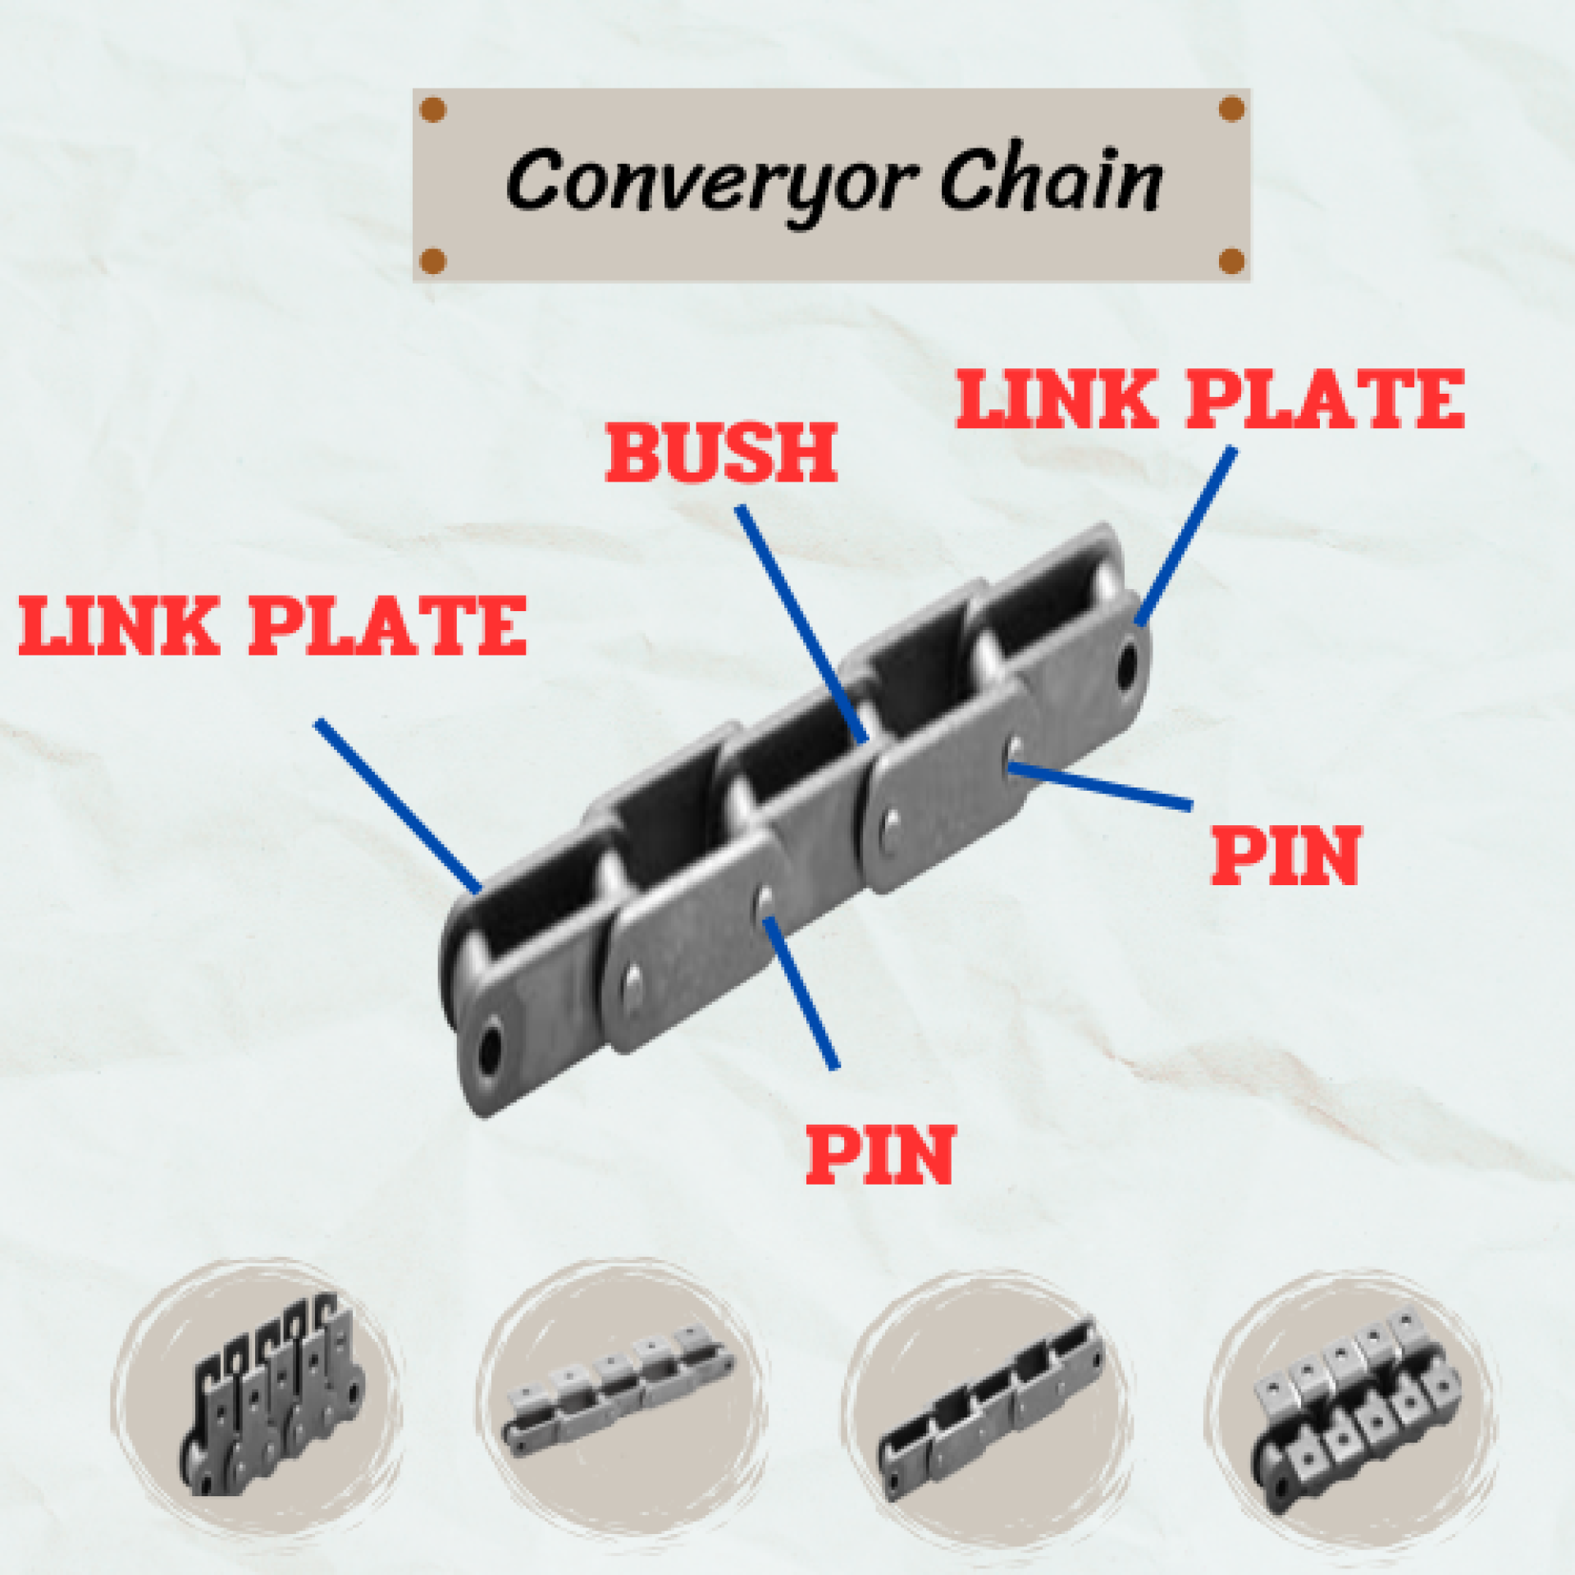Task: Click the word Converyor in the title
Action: click(x=710, y=182)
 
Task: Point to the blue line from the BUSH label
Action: click(x=801, y=623)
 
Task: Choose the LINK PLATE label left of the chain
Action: click(x=272, y=626)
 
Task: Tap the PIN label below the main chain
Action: click(x=880, y=1154)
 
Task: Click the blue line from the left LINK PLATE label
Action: click(x=398, y=806)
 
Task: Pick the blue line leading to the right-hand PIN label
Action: click(x=1099, y=787)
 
